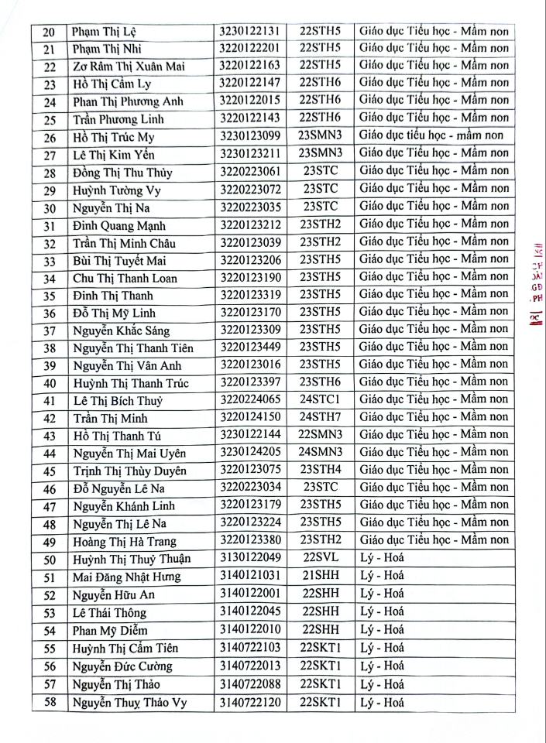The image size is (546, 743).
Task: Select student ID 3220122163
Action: coord(249,65)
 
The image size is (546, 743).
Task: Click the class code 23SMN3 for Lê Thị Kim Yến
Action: coord(321,152)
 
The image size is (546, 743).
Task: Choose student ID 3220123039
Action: coord(249,242)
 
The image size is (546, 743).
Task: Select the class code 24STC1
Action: coord(321,400)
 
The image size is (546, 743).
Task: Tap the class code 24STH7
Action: coord(321,417)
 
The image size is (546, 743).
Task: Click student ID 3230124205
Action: coord(249,452)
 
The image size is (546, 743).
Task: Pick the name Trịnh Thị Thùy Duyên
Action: coord(129,471)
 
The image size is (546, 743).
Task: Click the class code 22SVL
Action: coord(321,557)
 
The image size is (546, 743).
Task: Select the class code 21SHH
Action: coord(321,575)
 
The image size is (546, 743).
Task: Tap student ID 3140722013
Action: coord(249,666)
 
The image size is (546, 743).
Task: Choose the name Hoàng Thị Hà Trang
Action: coord(124,540)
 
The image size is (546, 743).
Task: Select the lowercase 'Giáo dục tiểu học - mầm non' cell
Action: coord(434,135)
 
